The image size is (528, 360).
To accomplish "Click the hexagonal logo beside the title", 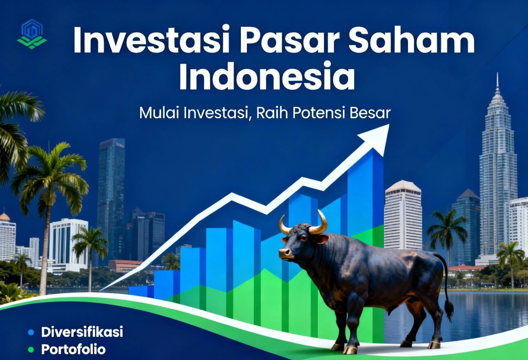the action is pos(32,34).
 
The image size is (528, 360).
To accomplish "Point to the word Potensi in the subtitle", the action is pos(319,113).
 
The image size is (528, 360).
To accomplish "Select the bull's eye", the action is pos(303,238).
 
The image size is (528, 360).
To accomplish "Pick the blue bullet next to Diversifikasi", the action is pos(31,332).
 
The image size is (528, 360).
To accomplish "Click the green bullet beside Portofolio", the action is pos(31,349).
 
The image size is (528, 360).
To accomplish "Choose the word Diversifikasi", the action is pos(82,332).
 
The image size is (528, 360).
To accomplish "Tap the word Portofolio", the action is pos(74,349).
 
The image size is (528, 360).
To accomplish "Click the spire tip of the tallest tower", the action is pos(497,74).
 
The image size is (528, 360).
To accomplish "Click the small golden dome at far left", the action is pos(4,216).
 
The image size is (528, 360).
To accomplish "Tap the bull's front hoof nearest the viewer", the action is pos(349,349).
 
